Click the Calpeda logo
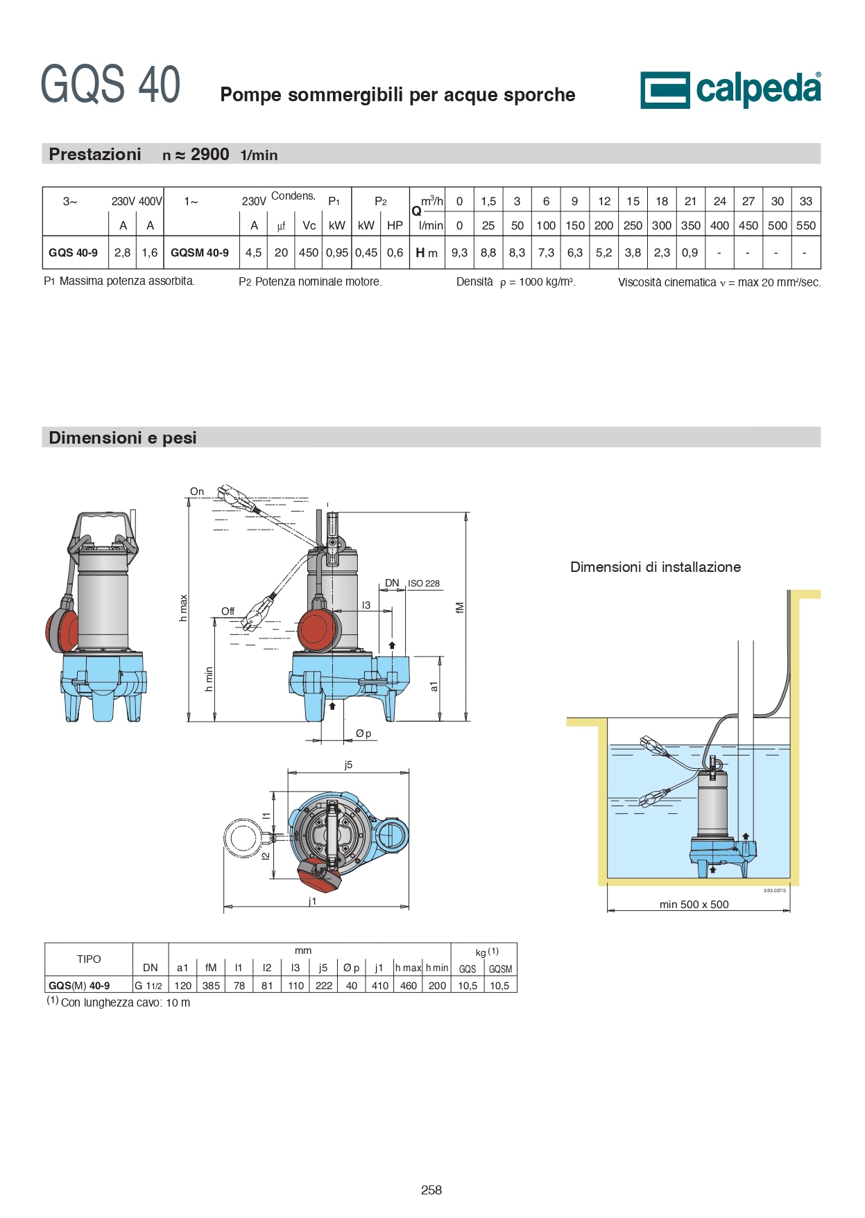(730, 89)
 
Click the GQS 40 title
(110, 85)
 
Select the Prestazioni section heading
(95, 154)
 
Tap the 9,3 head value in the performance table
(459, 253)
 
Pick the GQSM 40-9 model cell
(200, 253)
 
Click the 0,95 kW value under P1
(337, 253)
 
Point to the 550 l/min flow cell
(805, 225)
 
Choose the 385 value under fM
(211, 985)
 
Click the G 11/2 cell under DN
(148, 985)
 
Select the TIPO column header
(89, 959)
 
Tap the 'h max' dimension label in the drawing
(183, 608)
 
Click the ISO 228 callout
(424, 584)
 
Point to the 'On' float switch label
(197, 491)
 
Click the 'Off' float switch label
(228, 611)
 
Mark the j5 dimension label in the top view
(348, 765)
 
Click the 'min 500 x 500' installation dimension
(694, 904)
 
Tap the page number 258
(431, 1190)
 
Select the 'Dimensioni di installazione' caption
(656, 567)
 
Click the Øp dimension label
(363, 733)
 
